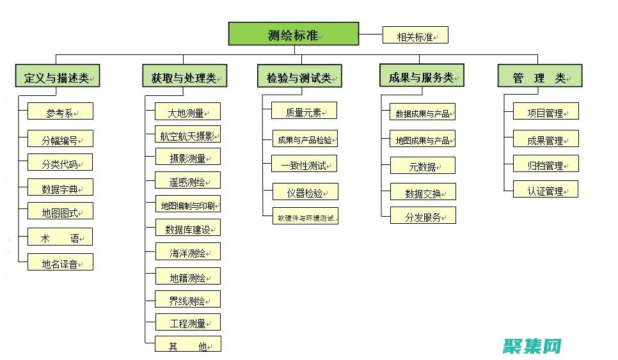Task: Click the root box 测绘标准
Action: click(x=294, y=34)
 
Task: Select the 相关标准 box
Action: click(x=415, y=35)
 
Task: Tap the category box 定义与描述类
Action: click(x=57, y=77)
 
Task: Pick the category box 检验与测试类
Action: click(x=299, y=77)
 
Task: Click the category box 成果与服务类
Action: click(x=421, y=76)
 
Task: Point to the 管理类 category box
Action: click(x=540, y=77)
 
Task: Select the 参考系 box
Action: click(x=60, y=111)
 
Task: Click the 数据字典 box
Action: click(x=60, y=187)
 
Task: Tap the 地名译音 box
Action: click(x=60, y=262)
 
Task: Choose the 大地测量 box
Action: click(x=188, y=112)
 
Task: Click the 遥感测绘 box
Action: click(x=188, y=181)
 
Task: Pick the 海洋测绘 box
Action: click(x=188, y=252)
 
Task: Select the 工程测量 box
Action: click(x=188, y=322)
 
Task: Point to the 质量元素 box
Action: click(x=304, y=111)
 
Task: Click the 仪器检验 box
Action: click(x=304, y=192)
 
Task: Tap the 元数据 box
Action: click(x=423, y=166)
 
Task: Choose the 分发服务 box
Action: click(x=423, y=216)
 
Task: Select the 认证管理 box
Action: click(x=546, y=190)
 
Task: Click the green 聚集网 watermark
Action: click(x=533, y=347)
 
